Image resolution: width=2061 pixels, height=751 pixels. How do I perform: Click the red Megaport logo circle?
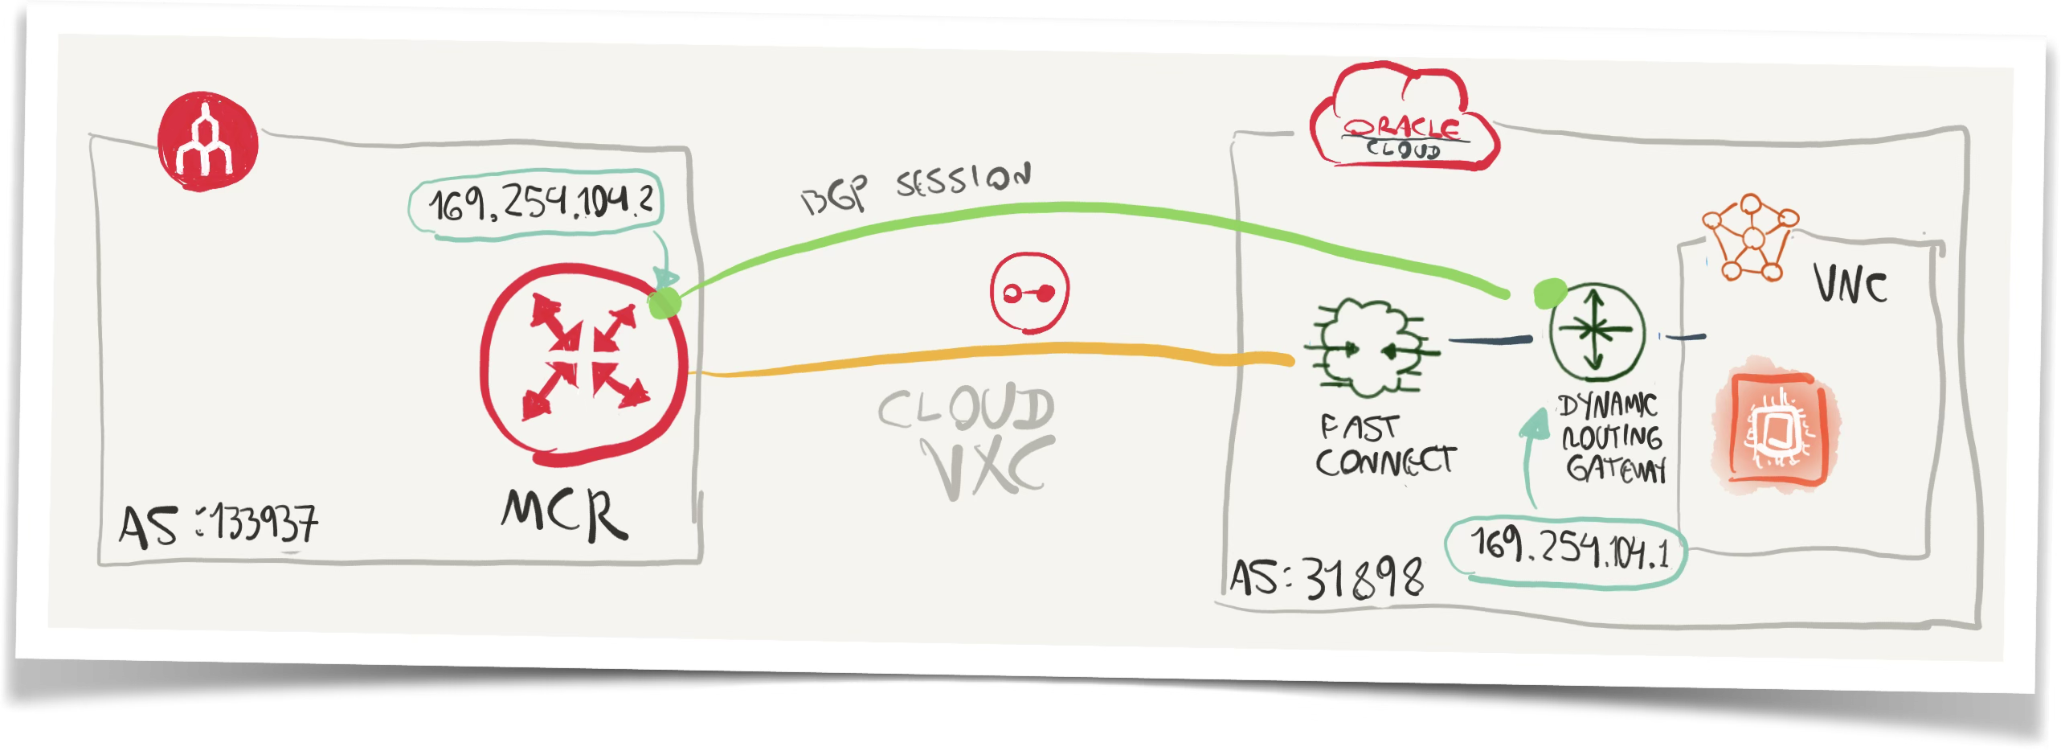[207, 142]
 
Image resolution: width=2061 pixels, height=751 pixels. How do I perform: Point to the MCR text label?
[564, 514]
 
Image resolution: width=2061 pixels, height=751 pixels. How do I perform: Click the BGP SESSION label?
[916, 189]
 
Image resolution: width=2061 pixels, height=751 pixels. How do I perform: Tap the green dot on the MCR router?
[664, 303]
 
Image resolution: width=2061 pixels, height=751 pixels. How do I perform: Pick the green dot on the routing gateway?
[1549, 293]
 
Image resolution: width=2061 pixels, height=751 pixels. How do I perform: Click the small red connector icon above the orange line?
[1029, 293]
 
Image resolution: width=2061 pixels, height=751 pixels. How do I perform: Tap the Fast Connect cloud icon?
[1370, 349]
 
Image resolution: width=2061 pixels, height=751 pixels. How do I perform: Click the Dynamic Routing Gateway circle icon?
[1597, 331]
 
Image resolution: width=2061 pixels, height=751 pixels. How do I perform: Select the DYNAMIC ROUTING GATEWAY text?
[1612, 437]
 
